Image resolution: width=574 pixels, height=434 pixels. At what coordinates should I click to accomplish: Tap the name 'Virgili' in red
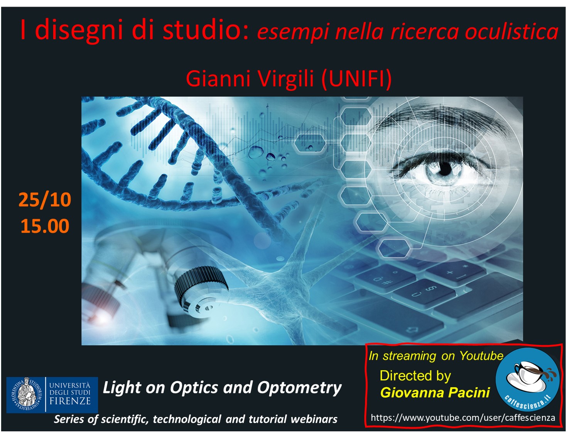tap(285, 79)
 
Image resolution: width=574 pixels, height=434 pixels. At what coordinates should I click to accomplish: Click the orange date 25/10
tap(45, 200)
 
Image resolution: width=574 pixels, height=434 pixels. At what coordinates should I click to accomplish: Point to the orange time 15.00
tap(45, 226)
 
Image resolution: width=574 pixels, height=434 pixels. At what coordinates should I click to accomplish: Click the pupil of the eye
tap(444, 169)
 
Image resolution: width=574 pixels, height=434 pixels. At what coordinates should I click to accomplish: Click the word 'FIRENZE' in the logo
tap(70, 401)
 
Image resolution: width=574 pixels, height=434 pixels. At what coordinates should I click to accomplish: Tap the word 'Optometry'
tap(299, 388)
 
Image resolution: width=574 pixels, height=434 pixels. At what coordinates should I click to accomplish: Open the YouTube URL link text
tap(463, 417)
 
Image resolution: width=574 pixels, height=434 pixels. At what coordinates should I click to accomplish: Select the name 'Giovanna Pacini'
tap(435, 392)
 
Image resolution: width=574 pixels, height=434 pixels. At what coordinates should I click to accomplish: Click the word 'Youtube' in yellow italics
tap(481, 356)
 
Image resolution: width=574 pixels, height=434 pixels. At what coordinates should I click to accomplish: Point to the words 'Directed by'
tap(415, 376)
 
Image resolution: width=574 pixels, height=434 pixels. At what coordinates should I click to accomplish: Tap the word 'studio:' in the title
tap(205, 29)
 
